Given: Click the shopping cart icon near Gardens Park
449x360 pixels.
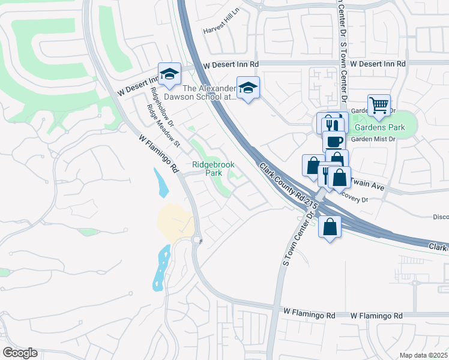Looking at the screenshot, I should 379,106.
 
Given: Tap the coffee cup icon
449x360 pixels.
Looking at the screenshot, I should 333,142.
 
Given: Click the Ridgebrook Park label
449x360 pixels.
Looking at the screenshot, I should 212,169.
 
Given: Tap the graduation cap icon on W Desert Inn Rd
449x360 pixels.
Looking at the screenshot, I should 169,74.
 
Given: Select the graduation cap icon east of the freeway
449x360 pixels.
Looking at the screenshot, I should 247,88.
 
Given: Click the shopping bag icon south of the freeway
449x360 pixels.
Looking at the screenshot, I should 330,227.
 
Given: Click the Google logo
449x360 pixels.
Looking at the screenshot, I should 20,353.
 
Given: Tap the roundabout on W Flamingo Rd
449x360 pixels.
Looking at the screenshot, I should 197,240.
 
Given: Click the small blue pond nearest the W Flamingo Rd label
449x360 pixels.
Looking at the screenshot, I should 161,182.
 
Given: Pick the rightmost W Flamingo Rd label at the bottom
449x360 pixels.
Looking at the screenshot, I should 376,315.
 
